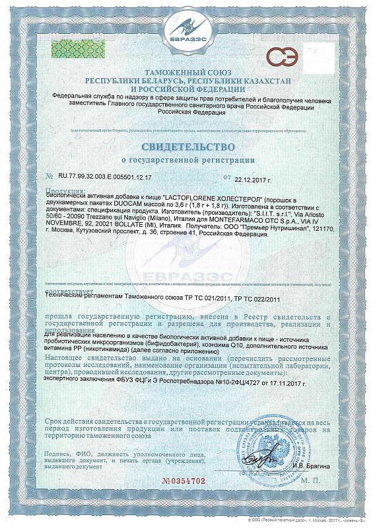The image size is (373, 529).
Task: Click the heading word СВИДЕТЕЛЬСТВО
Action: tap(186, 145)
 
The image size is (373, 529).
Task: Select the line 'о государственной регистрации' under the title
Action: tap(186, 161)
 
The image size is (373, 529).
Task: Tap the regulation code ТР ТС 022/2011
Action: tap(245, 299)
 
